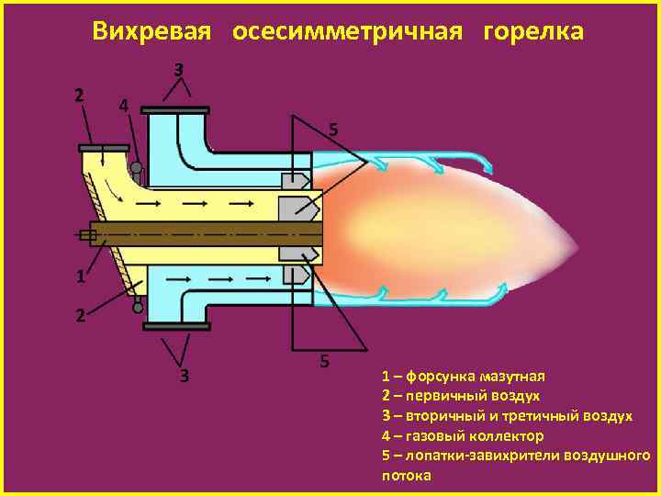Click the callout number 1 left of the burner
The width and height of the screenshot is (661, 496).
(x=81, y=276)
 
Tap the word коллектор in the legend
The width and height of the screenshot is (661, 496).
(x=504, y=436)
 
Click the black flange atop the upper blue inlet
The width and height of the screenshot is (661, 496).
(x=176, y=110)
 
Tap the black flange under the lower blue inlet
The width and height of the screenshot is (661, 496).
(x=176, y=325)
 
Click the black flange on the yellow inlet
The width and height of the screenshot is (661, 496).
(x=102, y=147)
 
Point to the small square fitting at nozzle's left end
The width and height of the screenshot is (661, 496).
(x=88, y=235)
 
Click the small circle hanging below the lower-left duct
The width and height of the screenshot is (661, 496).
(x=138, y=308)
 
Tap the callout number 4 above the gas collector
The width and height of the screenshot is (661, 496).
(x=123, y=105)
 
